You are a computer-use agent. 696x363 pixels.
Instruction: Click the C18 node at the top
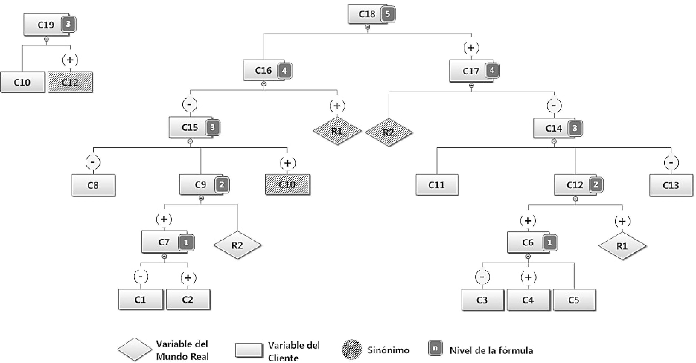[367, 14]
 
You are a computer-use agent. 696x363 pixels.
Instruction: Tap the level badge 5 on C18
[388, 14]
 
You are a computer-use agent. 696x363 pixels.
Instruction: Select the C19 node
[46, 25]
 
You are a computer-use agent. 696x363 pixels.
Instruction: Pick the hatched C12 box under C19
[70, 82]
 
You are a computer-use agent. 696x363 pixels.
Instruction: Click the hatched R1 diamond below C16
[337, 131]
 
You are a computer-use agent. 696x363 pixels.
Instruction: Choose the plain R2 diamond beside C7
[237, 245]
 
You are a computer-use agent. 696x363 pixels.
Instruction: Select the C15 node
[190, 127]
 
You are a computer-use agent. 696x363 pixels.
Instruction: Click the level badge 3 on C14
[575, 128]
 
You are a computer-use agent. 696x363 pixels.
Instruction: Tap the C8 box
[93, 185]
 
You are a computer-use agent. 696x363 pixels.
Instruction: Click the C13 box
[671, 185]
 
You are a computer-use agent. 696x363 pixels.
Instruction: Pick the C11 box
[437, 185]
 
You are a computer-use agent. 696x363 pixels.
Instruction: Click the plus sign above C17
[471, 48]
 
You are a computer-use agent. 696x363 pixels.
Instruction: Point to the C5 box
[574, 300]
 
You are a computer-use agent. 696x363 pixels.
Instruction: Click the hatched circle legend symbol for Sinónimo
[352, 350]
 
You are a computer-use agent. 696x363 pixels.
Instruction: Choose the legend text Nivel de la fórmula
[491, 351]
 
